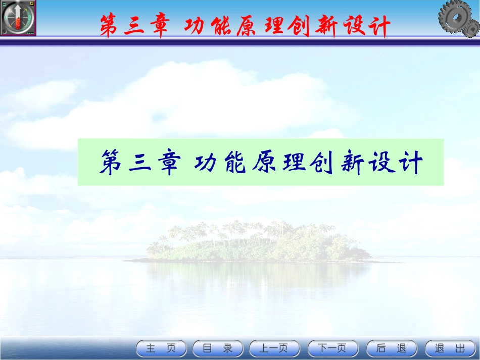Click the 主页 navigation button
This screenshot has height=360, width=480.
click(161, 348)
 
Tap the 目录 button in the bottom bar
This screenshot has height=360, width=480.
click(218, 348)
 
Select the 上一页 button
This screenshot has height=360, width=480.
click(274, 348)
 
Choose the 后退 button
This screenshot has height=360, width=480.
click(392, 348)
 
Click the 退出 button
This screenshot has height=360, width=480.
click(450, 348)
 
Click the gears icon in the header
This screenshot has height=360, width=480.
click(458, 19)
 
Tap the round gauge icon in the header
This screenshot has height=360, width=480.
click(19, 18)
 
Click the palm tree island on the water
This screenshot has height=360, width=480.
click(258, 242)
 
